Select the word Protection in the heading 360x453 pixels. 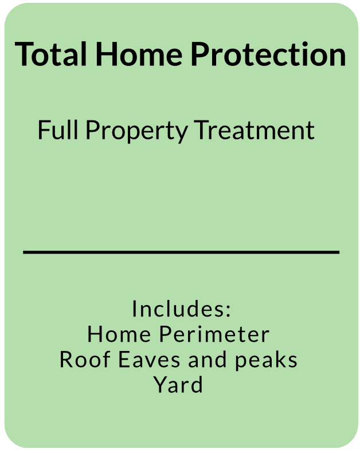pos(268,54)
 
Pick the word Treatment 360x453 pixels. pos(255,130)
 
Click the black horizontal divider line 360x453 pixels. pos(181,252)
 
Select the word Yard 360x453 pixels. pos(178,385)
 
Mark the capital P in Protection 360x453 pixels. pos(200,54)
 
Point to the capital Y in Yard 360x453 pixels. pos(159,385)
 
